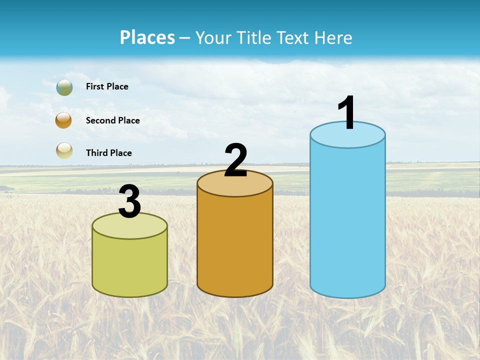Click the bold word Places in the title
(x=147, y=37)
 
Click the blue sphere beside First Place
(x=64, y=87)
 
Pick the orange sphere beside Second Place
(x=64, y=120)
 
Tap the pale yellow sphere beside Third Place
(x=64, y=150)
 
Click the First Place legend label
(x=107, y=86)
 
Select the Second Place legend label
(x=112, y=120)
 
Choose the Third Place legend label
(x=108, y=153)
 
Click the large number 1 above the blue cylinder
(x=347, y=113)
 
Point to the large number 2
(x=235, y=160)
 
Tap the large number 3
(x=130, y=201)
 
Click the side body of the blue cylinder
(x=347, y=220)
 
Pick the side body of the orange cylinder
(x=235, y=245)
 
